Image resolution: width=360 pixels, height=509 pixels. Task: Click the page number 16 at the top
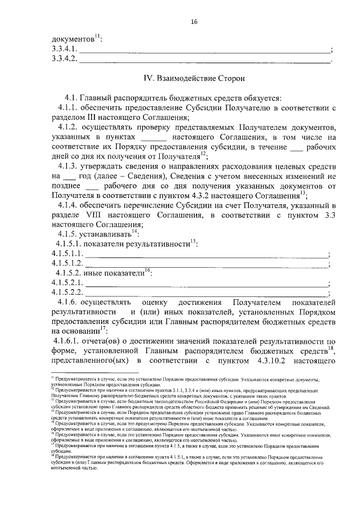pyautogui.click(x=194, y=21)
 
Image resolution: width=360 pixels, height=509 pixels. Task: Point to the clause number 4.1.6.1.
pyautogui.click(x=70, y=343)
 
